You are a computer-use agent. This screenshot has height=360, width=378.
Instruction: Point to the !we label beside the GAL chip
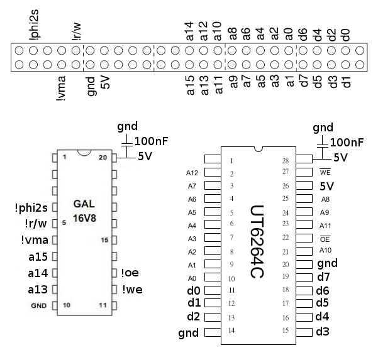tap(133, 289)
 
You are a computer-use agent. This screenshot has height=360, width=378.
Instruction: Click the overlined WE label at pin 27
tap(325, 172)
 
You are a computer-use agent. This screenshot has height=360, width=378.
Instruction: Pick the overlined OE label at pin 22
tap(325, 238)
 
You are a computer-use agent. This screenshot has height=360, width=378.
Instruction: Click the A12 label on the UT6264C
tap(192, 173)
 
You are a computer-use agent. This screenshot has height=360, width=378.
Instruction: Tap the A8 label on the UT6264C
tap(325, 199)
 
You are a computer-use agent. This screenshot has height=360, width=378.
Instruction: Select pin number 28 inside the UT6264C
tap(286, 160)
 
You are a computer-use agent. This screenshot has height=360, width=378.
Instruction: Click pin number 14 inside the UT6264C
tap(232, 330)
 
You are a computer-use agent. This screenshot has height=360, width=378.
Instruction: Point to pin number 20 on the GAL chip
tap(103, 157)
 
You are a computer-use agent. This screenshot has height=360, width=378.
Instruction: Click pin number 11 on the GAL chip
tap(103, 305)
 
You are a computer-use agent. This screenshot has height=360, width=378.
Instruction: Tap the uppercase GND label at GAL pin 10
tap(38, 306)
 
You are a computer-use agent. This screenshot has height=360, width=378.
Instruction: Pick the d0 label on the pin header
tap(345, 35)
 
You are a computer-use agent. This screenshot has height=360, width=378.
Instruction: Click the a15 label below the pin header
tap(191, 85)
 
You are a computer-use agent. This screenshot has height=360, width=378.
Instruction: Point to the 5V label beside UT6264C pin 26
tap(326, 186)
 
